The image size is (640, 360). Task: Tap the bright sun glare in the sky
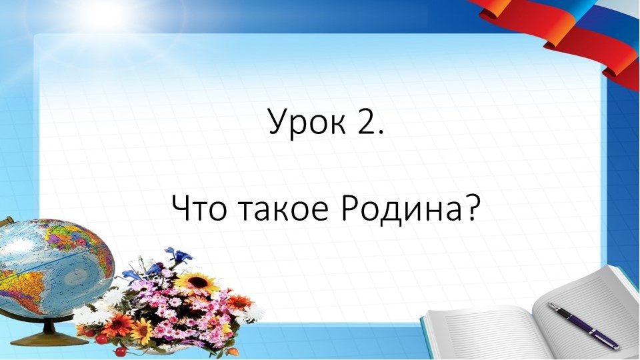(x=100, y=13)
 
